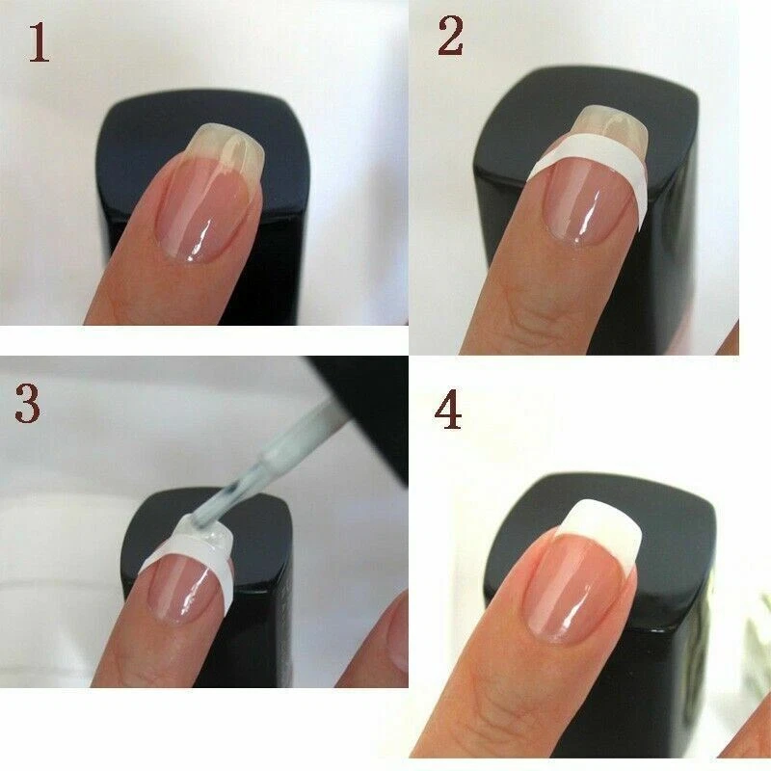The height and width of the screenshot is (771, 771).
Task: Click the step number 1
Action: click(38, 43)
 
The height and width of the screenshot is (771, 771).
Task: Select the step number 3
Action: click(27, 404)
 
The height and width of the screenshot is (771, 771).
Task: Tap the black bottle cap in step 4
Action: click(665, 617)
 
